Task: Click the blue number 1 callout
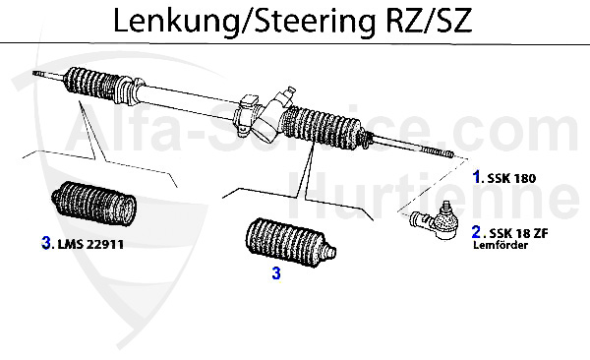[477, 179]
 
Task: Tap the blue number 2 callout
[477, 233]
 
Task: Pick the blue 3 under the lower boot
[276, 274]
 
